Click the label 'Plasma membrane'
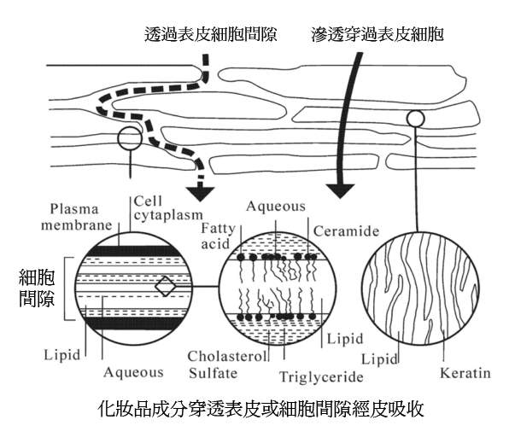(77, 217)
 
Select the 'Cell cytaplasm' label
(168, 208)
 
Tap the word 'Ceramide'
(347, 231)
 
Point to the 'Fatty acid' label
(218, 236)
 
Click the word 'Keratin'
(465, 373)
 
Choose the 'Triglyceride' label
(321, 377)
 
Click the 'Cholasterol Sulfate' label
(227, 364)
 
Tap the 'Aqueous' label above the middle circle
(276, 206)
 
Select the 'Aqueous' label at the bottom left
(133, 372)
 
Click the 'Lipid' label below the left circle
(61, 355)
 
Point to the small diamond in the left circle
(165, 286)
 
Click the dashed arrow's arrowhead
(202, 194)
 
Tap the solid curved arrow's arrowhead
(340, 191)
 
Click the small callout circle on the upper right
(416, 119)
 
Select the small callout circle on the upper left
(130, 138)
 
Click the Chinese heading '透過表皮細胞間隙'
(210, 34)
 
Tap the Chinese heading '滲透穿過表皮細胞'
(377, 34)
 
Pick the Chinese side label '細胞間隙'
(37, 289)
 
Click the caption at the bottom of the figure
(260, 409)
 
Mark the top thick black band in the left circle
(134, 251)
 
